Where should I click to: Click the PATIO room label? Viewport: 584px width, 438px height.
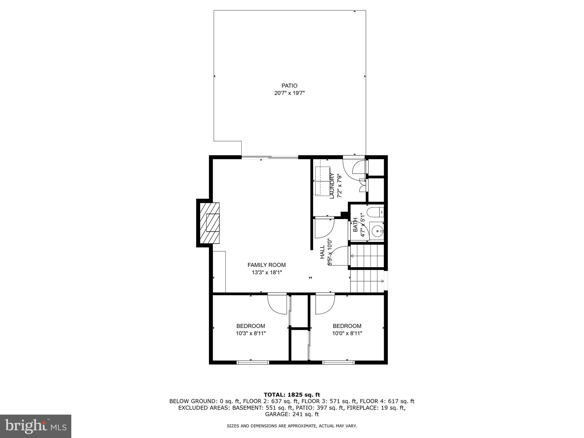point(289,86)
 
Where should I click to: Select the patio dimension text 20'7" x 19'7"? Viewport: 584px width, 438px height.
point(289,93)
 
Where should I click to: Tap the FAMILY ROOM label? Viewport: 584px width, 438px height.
point(266,265)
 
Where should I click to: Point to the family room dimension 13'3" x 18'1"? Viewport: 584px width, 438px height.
point(266,272)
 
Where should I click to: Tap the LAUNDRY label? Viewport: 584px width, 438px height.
point(332,186)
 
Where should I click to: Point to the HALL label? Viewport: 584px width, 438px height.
point(322,252)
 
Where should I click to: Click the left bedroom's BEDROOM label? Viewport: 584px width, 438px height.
point(251,326)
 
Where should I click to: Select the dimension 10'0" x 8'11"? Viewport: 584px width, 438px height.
point(347,333)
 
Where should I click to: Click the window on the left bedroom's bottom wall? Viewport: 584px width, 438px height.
point(253,362)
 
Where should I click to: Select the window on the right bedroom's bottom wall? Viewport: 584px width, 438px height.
point(338,362)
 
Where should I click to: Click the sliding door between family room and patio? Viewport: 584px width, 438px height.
point(270,157)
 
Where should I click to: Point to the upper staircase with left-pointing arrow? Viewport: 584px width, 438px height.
point(366,256)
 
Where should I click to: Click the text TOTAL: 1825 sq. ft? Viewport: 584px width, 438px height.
point(292,395)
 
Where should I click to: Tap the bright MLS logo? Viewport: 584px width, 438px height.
point(35,426)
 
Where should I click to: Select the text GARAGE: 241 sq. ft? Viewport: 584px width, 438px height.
point(292,414)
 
